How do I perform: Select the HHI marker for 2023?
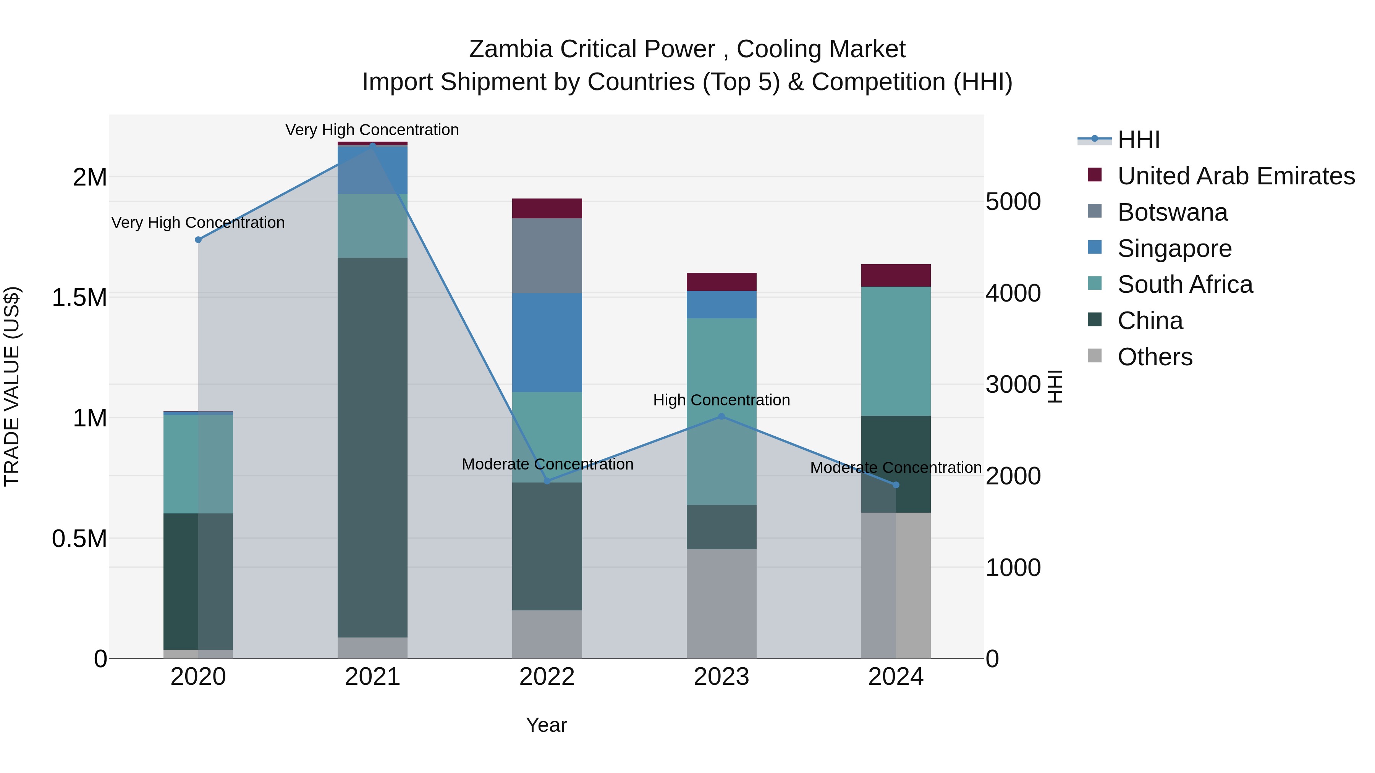click(721, 416)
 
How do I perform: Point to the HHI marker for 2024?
click(896, 485)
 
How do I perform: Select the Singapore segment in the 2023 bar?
click(721, 305)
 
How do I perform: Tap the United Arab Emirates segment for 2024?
click(896, 275)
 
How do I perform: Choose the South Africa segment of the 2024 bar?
click(896, 351)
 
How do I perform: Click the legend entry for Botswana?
click(1172, 212)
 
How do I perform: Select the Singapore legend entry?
click(1174, 249)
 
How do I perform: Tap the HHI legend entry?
click(1138, 140)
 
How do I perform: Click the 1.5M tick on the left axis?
click(79, 297)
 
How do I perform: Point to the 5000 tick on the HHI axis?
click(1013, 202)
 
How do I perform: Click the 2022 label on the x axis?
click(547, 677)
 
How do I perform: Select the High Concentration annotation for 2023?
click(721, 400)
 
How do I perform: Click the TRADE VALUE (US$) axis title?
click(12, 386)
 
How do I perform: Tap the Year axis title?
click(546, 725)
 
